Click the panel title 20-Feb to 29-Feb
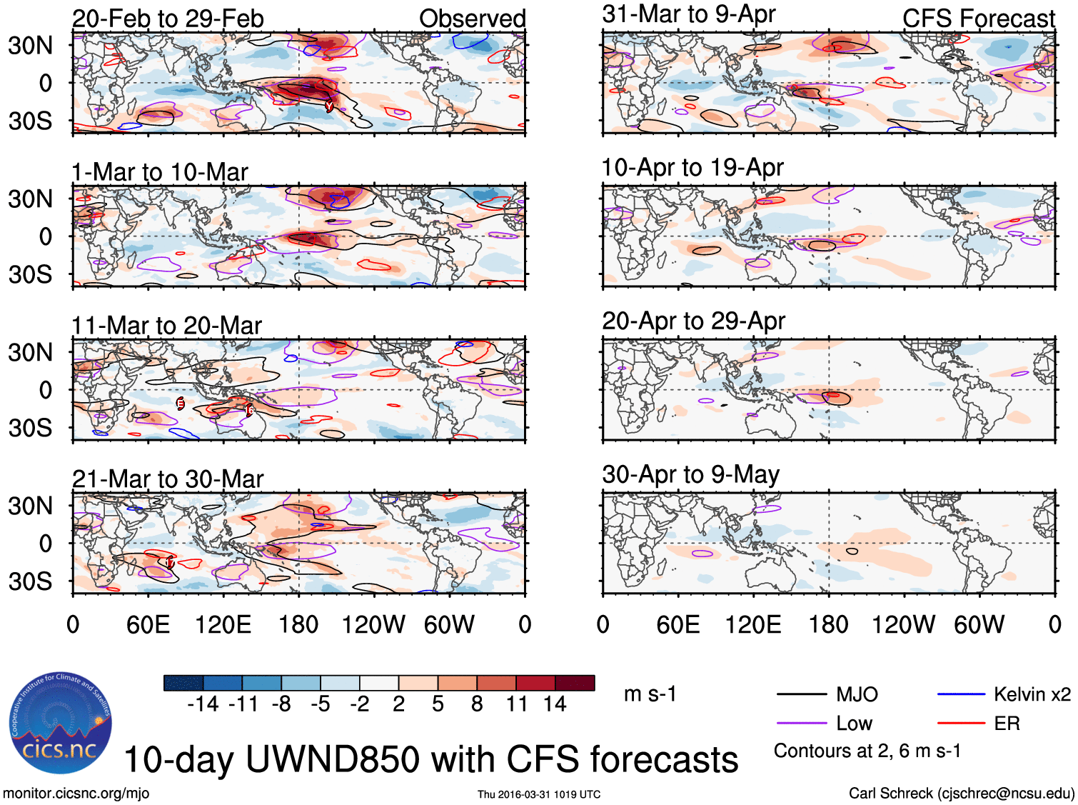tap(168, 19)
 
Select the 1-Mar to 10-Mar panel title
tap(159, 172)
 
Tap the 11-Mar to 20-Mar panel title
tap(166, 326)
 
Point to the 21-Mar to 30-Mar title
tap(168, 479)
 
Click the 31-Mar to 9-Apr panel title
tap(688, 14)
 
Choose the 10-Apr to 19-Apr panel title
tap(692, 168)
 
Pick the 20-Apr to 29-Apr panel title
tap(693, 321)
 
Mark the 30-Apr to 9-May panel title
tap(690, 475)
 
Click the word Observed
tap(472, 19)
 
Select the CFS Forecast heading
tap(978, 19)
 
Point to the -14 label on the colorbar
tap(203, 704)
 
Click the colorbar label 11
tap(516, 704)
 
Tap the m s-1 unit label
tap(650, 694)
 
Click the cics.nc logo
tap(61, 723)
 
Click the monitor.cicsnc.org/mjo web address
tap(76, 793)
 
